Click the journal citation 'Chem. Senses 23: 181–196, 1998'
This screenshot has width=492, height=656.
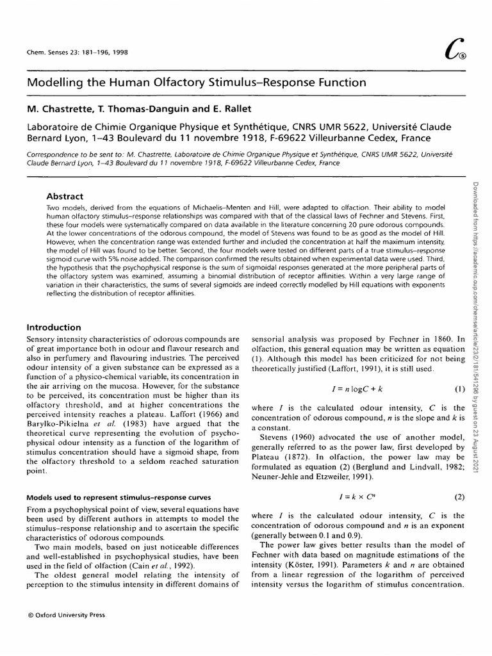click(76, 53)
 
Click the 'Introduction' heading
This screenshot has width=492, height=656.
click(54, 327)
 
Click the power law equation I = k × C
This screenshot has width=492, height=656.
click(348, 479)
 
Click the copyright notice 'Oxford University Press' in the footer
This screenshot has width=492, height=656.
click(62, 614)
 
